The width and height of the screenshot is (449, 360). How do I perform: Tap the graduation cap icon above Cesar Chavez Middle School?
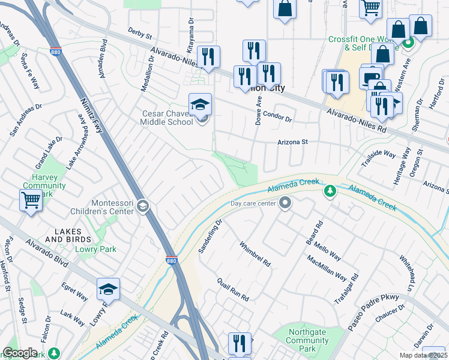pyautogui.click(x=200, y=105)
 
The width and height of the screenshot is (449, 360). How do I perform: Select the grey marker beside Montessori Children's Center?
pyautogui.click(x=142, y=206)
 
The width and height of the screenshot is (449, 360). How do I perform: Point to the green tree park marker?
pyautogui.click(x=330, y=191)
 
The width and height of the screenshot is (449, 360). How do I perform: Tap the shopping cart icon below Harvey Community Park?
pyautogui.click(x=31, y=199)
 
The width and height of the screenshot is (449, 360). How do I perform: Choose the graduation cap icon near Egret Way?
pyautogui.click(x=108, y=289)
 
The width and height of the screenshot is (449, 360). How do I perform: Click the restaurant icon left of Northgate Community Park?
pyautogui.click(x=240, y=343)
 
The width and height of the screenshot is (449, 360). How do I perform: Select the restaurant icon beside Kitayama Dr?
pyautogui.click(x=208, y=57)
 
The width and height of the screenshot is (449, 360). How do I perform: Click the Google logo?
pyautogui.click(x=20, y=353)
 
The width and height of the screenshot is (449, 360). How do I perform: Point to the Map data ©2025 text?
pyautogui.click(x=423, y=355)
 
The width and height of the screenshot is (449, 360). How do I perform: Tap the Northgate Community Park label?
pyautogui.click(x=308, y=341)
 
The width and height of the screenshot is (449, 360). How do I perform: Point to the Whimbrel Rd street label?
pyautogui.click(x=256, y=254)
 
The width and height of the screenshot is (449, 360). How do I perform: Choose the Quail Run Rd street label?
pyautogui.click(x=233, y=290)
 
